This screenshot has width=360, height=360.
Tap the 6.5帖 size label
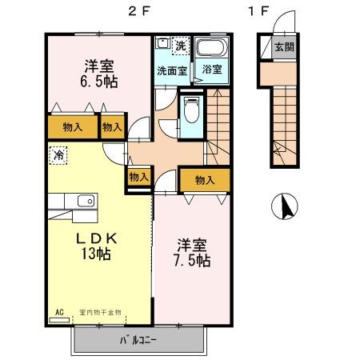click(98, 82)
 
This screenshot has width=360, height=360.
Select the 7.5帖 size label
click(193, 261)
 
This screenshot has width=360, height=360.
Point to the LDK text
click(98, 238)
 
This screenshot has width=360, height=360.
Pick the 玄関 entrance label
click(283, 47)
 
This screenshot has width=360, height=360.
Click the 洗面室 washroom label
click(171, 70)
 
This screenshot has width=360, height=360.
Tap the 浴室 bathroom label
click(212, 70)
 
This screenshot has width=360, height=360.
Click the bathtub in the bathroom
click(212, 47)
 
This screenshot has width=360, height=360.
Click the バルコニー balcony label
click(138, 339)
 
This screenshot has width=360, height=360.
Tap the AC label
click(59, 312)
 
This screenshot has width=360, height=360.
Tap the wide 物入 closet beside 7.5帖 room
click(204, 180)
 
